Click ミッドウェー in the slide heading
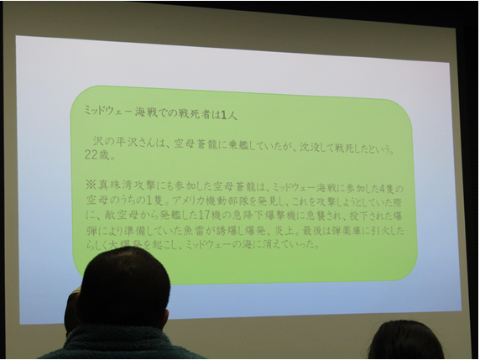pos(107,109)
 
